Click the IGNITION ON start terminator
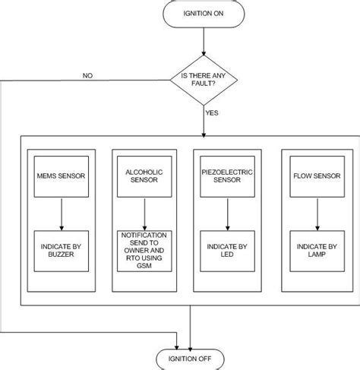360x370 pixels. tap(203, 14)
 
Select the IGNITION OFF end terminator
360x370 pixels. tap(190, 358)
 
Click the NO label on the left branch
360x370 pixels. tap(87, 74)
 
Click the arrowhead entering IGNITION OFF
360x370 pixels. tap(190, 343)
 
